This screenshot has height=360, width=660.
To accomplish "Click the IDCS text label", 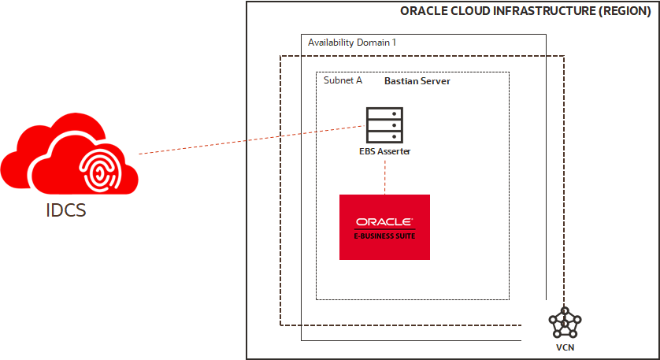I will (x=65, y=210).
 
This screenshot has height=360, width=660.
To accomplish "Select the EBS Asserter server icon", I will (x=384, y=124).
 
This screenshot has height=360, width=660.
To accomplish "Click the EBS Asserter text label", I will (x=384, y=151).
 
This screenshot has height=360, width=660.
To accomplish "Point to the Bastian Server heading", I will (x=417, y=81).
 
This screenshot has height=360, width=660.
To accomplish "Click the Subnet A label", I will (x=343, y=80).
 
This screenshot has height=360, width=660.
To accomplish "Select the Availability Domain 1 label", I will (x=351, y=42).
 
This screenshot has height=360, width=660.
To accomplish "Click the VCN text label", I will (x=565, y=347).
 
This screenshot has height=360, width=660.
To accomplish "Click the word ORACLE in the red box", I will (x=384, y=221).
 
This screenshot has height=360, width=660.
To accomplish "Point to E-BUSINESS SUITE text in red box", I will (x=384, y=236).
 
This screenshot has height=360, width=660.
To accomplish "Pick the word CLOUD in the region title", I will (x=464, y=11).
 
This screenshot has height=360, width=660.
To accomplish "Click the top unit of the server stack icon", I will (x=384, y=113).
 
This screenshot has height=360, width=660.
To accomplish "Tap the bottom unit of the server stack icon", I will (x=384, y=135).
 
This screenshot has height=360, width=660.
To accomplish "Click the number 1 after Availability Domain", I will (x=394, y=42).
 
